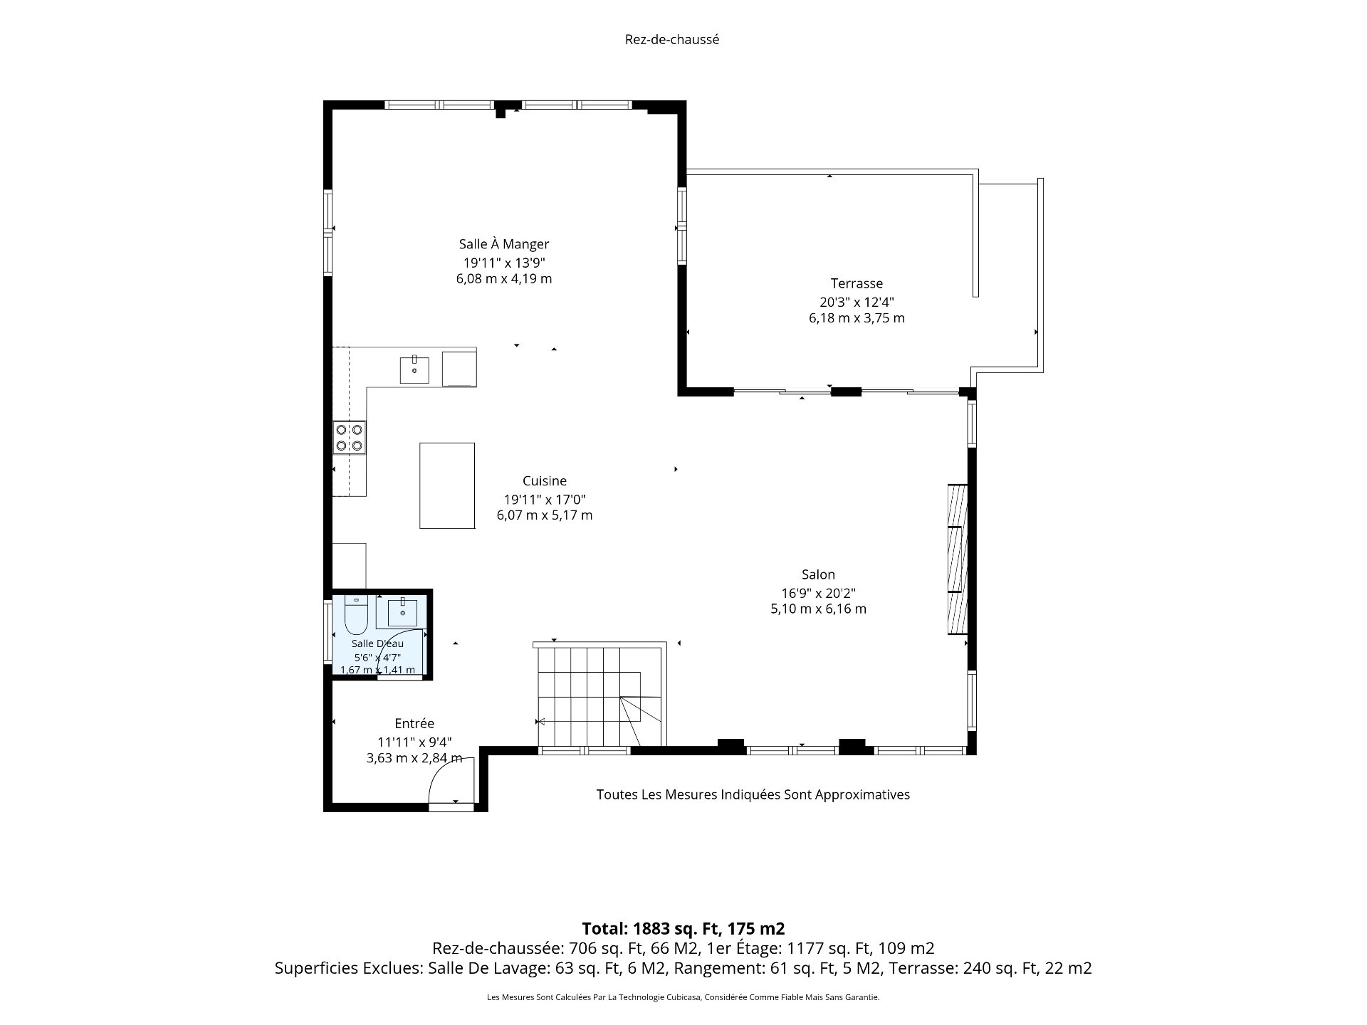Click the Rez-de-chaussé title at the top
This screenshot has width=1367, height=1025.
tap(671, 40)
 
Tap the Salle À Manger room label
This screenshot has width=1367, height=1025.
tap(504, 244)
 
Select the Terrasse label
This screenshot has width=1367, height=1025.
tap(857, 283)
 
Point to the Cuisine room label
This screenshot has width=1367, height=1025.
tap(545, 481)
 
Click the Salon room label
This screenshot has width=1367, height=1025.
tap(818, 574)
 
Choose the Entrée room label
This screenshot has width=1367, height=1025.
tap(414, 723)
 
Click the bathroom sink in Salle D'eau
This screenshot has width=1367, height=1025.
tap(402, 612)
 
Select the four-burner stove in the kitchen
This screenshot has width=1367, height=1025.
tap(350, 438)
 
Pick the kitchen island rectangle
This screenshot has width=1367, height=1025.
tap(447, 485)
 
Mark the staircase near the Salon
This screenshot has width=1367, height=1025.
tap(600, 694)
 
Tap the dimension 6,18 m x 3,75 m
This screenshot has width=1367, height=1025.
tap(857, 318)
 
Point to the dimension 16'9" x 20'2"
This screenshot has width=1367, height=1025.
tap(818, 592)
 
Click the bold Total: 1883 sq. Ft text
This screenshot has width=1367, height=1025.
tap(683, 928)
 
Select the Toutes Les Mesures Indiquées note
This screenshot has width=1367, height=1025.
tap(753, 794)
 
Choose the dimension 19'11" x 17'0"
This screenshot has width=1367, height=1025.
tap(545, 499)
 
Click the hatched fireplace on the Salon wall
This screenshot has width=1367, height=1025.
tap(958, 559)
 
